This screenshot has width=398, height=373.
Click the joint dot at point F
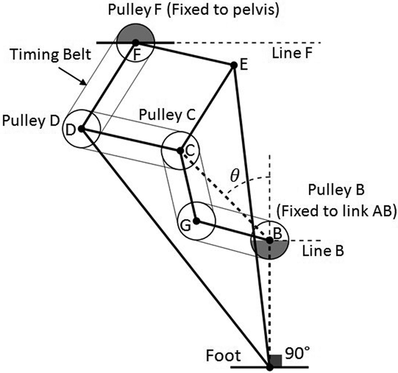click(x=135, y=42)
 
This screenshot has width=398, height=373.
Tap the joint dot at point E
click(x=233, y=65)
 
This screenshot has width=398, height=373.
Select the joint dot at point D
click(x=81, y=129)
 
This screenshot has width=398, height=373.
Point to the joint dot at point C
click(x=180, y=151)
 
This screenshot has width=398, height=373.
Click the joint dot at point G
click(x=196, y=221)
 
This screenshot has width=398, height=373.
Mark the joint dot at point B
click(x=269, y=240)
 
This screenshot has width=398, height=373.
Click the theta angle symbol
click(x=235, y=176)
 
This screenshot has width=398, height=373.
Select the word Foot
click(x=223, y=356)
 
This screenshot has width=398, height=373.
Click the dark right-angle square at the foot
click(x=276, y=361)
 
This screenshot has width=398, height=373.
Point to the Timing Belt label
click(x=50, y=54)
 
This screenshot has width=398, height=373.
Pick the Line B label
click(x=323, y=251)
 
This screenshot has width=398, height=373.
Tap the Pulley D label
click(x=31, y=121)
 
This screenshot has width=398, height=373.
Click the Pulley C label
click(x=167, y=115)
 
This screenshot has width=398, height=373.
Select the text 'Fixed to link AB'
click(x=336, y=211)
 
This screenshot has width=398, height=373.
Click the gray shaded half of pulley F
click(x=135, y=33)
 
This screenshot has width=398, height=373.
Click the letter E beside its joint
click(x=243, y=65)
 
